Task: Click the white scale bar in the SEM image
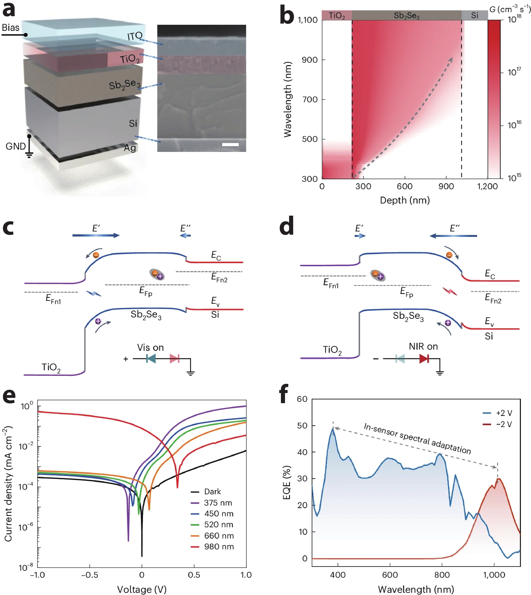tap(230, 145)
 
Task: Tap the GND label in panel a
tap(16, 146)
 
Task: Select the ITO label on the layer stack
tap(135, 36)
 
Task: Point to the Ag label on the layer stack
tap(130, 148)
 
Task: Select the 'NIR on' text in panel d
tap(423, 346)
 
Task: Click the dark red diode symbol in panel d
tap(424, 359)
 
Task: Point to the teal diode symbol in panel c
tap(151, 359)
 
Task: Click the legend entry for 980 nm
tap(219, 547)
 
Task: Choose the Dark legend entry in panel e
tap(212, 492)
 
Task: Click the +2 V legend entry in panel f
tap(504, 413)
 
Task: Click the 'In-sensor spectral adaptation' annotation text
tap(417, 439)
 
